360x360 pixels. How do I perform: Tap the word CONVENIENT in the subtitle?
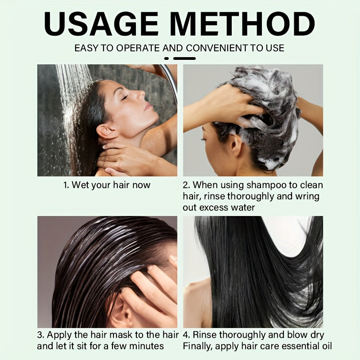(212, 48)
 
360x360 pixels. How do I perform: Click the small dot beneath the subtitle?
(166, 58)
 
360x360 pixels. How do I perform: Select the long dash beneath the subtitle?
(184, 58)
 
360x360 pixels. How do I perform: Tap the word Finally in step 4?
(197, 346)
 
